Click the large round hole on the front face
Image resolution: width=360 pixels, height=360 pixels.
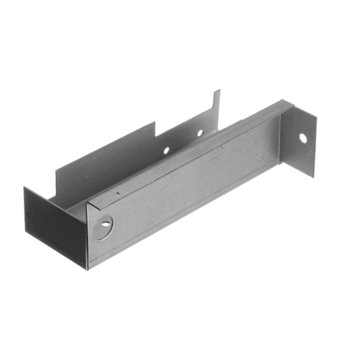(x=105, y=224)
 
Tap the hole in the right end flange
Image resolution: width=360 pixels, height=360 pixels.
(x=303, y=138)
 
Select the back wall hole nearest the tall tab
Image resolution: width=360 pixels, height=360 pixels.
(x=200, y=132)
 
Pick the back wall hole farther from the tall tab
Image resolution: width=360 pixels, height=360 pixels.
(x=166, y=150)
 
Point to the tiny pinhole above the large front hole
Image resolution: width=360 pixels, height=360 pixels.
(x=117, y=193)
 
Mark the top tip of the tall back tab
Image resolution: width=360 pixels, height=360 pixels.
(x=219, y=91)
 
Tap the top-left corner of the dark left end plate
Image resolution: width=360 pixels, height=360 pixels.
(x=25, y=188)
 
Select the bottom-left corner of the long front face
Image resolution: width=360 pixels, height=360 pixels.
(x=89, y=269)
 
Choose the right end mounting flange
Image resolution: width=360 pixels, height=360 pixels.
(x=298, y=140)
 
